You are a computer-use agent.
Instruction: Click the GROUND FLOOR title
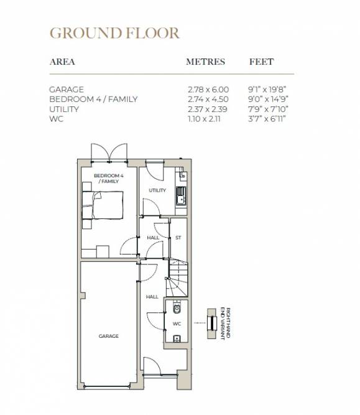click(115, 33)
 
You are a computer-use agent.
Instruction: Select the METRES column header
click(206, 62)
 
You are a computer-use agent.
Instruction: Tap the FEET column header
click(261, 62)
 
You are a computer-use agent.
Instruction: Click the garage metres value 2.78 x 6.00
click(208, 90)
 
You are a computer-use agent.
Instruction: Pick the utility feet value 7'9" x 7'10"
click(268, 109)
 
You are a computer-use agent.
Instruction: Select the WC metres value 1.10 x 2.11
click(204, 119)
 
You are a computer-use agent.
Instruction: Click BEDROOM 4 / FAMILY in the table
click(93, 100)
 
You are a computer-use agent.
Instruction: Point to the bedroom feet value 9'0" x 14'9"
click(268, 100)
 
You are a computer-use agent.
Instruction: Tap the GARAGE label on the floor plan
click(108, 336)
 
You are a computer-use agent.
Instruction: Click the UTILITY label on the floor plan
click(157, 190)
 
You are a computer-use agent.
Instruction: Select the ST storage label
click(178, 238)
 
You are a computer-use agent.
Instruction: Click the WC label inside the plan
click(177, 324)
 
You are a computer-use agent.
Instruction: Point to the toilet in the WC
click(177, 307)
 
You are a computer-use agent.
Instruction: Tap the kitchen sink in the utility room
click(181, 196)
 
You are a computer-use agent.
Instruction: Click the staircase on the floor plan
click(177, 278)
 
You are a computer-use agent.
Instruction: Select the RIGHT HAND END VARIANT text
click(225, 324)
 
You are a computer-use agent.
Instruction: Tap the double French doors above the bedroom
click(109, 152)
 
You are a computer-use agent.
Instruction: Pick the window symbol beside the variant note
click(211, 323)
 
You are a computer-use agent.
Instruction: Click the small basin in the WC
click(177, 338)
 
